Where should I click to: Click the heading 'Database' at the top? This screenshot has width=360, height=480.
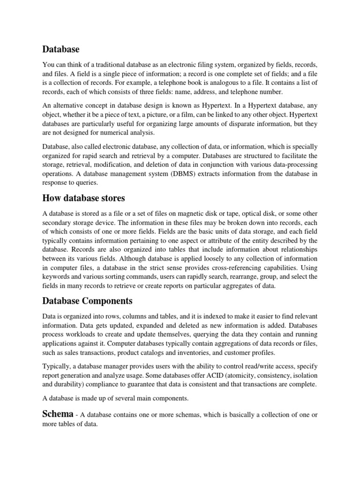(x=61, y=49)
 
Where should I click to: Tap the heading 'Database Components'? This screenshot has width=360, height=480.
(x=88, y=300)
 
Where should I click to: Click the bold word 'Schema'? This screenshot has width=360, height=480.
(x=58, y=413)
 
